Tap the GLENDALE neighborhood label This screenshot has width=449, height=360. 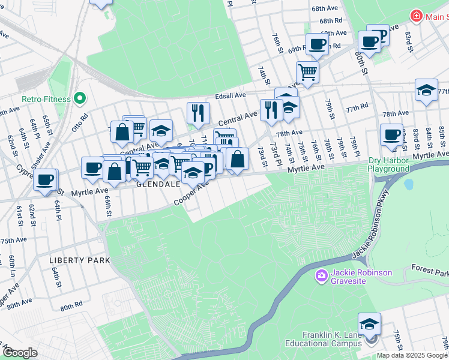158,185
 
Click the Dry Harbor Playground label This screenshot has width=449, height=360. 388,165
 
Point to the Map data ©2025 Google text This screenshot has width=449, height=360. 412,355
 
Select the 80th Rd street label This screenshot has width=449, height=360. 71,306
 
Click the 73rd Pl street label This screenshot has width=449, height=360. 275,154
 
